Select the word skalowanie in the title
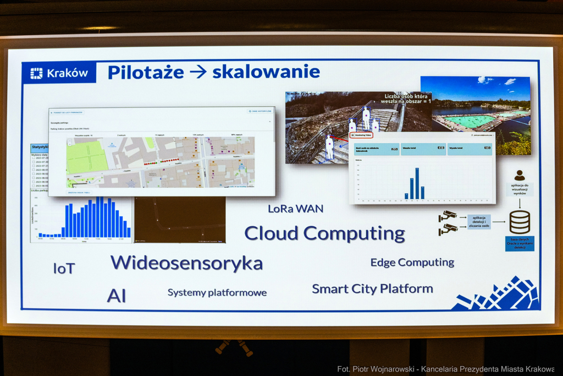[x=266, y=72]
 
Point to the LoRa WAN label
[x=295, y=209]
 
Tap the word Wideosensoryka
[x=186, y=263]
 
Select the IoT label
[x=64, y=269]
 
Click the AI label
[x=116, y=296]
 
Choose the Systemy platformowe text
[x=217, y=292]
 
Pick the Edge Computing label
[x=412, y=263]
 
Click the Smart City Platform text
[x=372, y=288]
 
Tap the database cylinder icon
[x=519, y=222]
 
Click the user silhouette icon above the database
[x=519, y=176]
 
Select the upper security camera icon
[x=448, y=216]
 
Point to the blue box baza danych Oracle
[x=519, y=244]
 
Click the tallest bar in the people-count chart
[x=417, y=183]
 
